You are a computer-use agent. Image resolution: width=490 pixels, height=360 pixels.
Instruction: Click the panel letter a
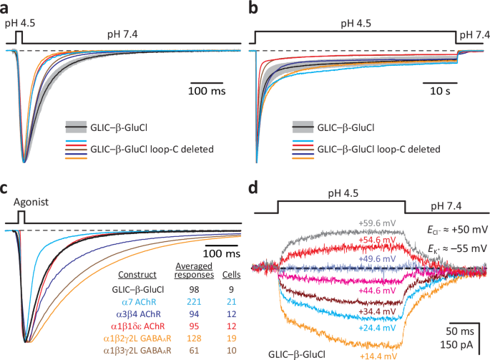click(x=6, y=8)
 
